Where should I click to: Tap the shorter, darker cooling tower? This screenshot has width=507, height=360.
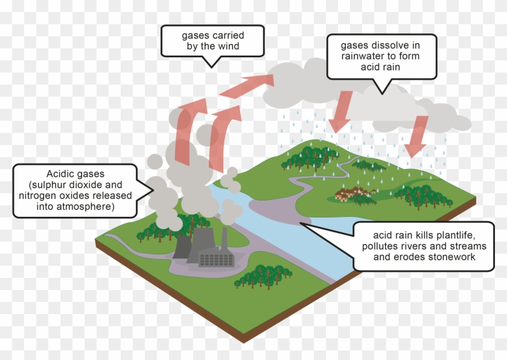tap(182, 247)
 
